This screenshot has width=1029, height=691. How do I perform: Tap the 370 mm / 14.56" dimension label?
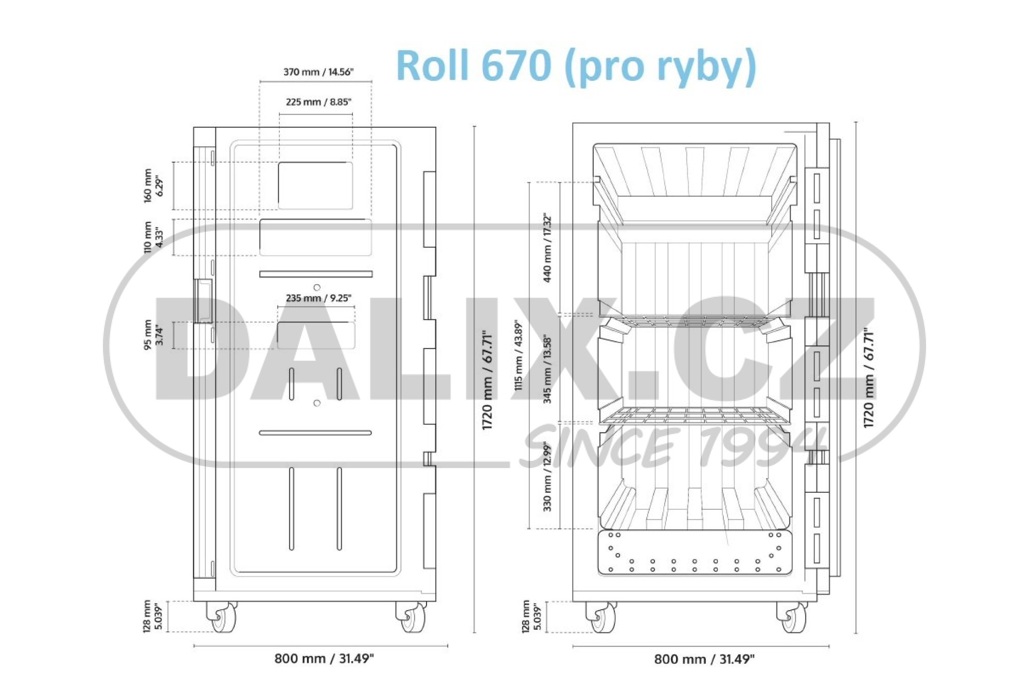click(x=318, y=72)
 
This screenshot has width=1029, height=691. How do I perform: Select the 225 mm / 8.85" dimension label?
click(x=318, y=102)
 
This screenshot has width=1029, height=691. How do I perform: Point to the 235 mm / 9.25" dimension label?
click(x=318, y=298)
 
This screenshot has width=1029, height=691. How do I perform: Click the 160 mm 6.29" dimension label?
click(x=153, y=185)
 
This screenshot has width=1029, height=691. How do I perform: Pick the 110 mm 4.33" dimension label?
click(x=153, y=237)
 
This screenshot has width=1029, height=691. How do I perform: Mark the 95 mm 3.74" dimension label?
click(x=153, y=335)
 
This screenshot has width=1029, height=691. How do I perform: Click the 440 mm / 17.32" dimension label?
click(x=547, y=248)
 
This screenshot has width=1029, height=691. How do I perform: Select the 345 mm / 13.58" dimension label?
click(x=547, y=369)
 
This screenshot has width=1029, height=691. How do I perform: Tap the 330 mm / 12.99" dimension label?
click(x=547, y=477)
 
